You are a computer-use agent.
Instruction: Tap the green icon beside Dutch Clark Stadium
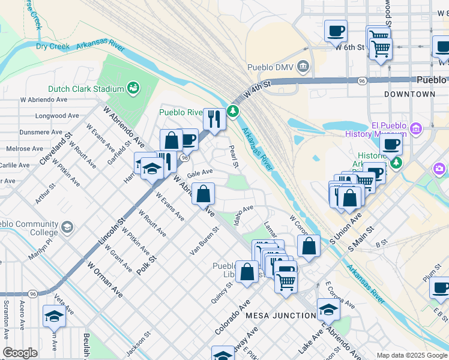133,89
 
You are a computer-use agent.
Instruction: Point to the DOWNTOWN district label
409,95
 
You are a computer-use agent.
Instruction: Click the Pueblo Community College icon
67,227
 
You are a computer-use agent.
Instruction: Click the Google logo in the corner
20,352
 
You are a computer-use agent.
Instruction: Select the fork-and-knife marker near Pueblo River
213,118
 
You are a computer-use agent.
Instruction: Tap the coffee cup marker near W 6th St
336,31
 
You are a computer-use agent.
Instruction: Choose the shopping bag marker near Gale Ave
203,194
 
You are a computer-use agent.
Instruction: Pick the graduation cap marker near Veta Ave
55,316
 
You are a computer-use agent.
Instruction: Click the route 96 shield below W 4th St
362,80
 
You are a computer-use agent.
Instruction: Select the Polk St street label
146,265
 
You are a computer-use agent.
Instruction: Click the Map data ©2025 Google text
412,355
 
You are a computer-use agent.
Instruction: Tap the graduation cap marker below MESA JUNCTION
328,309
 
